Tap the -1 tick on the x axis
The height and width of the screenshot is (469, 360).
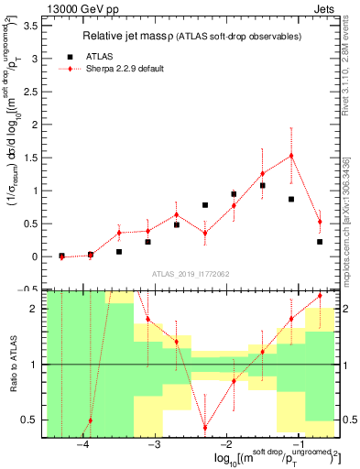298,444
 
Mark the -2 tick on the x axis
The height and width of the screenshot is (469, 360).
226,444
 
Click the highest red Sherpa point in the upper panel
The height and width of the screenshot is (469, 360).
291,156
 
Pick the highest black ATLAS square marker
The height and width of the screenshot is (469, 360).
262,185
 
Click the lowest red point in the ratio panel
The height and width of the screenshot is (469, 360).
205,428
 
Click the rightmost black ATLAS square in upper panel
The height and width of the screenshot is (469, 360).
320,242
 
